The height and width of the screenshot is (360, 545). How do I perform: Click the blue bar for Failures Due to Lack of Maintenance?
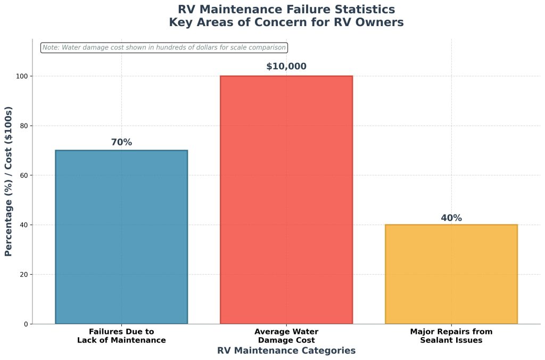click(x=121, y=237)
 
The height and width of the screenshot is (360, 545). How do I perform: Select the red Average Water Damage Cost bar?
click(x=286, y=200)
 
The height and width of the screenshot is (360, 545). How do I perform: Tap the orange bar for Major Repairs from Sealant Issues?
click(x=451, y=274)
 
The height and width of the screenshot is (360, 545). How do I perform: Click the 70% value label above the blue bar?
click(x=121, y=142)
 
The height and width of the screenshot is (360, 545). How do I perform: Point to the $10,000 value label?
click(x=286, y=67)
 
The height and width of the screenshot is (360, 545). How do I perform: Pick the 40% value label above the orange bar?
click(x=451, y=218)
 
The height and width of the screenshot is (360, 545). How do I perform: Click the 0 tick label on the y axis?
click(x=26, y=324)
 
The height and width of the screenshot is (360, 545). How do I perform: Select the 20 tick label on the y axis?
click(x=23, y=274)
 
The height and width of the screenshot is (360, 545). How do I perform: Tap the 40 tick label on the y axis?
click(x=23, y=225)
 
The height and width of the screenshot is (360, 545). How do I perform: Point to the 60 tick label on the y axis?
click(x=23, y=175)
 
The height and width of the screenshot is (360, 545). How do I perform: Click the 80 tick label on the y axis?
click(x=23, y=126)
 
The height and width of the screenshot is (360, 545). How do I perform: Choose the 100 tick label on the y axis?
click(x=22, y=76)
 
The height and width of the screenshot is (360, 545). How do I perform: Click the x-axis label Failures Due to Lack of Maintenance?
click(x=121, y=336)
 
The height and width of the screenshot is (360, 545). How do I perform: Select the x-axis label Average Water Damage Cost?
click(x=286, y=336)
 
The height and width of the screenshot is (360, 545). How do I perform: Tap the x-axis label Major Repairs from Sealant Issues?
click(x=451, y=336)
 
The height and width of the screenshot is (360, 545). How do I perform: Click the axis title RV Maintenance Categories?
click(x=286, y=350)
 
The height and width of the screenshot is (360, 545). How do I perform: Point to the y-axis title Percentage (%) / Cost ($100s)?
click(x=9, y=182)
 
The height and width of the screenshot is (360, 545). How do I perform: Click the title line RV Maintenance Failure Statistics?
click(x=286, y=10)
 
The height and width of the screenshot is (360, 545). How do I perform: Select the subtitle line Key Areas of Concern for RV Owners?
click(x=286, y=22)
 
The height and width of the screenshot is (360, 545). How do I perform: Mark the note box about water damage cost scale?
click(x=164, y=47)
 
